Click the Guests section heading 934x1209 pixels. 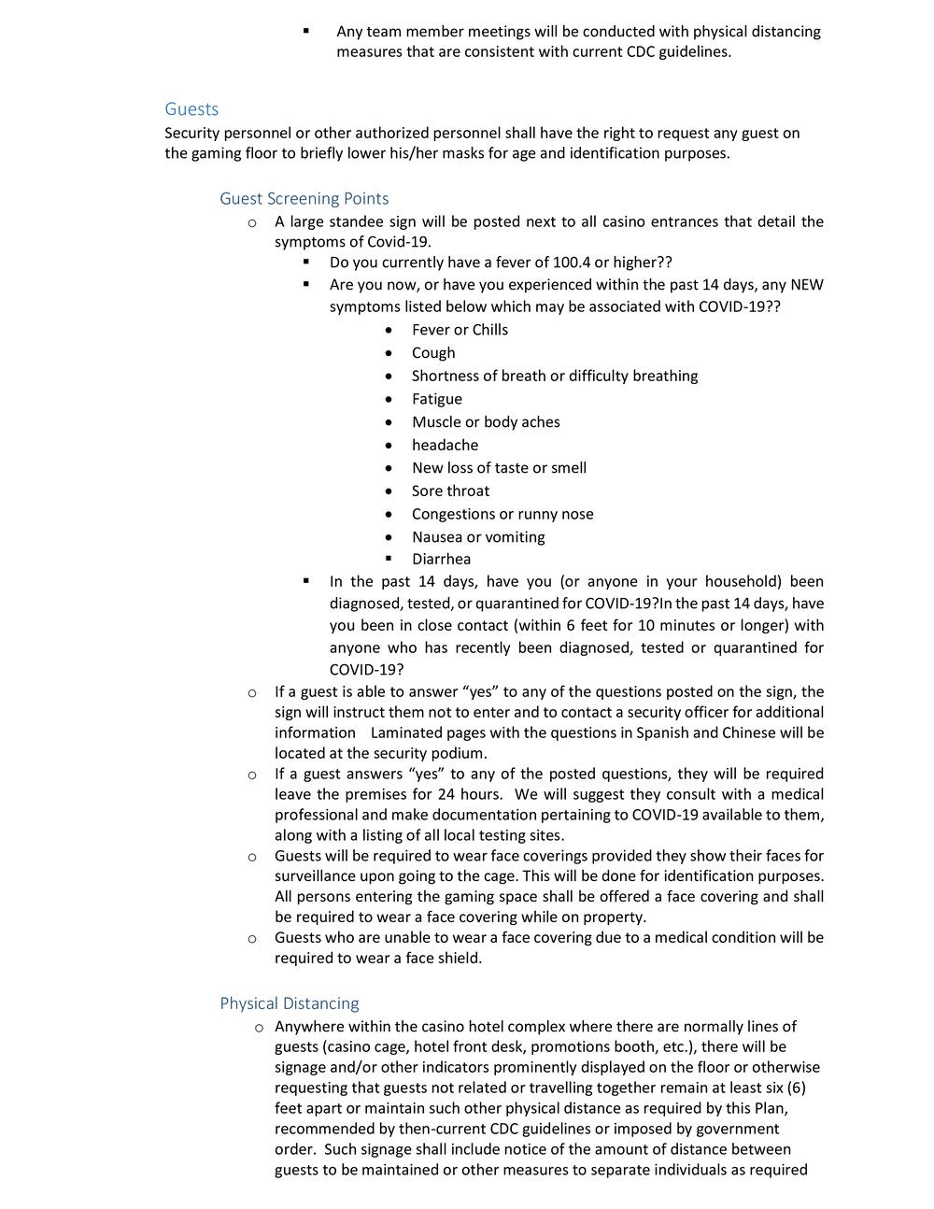[x=191, y=109]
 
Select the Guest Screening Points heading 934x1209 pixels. [x=304, y=198]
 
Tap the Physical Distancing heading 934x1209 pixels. [x=289, y=1003]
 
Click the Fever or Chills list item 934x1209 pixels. [x=460, y=330]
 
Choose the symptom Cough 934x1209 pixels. [x=433, y=353]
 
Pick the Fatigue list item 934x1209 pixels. [x=436, y=399]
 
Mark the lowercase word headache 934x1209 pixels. [x=445, y=445]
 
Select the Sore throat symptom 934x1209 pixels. [x=450, y=491]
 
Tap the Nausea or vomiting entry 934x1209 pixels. [x=478, y=536]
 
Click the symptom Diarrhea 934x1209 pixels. [x=441, y=559]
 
